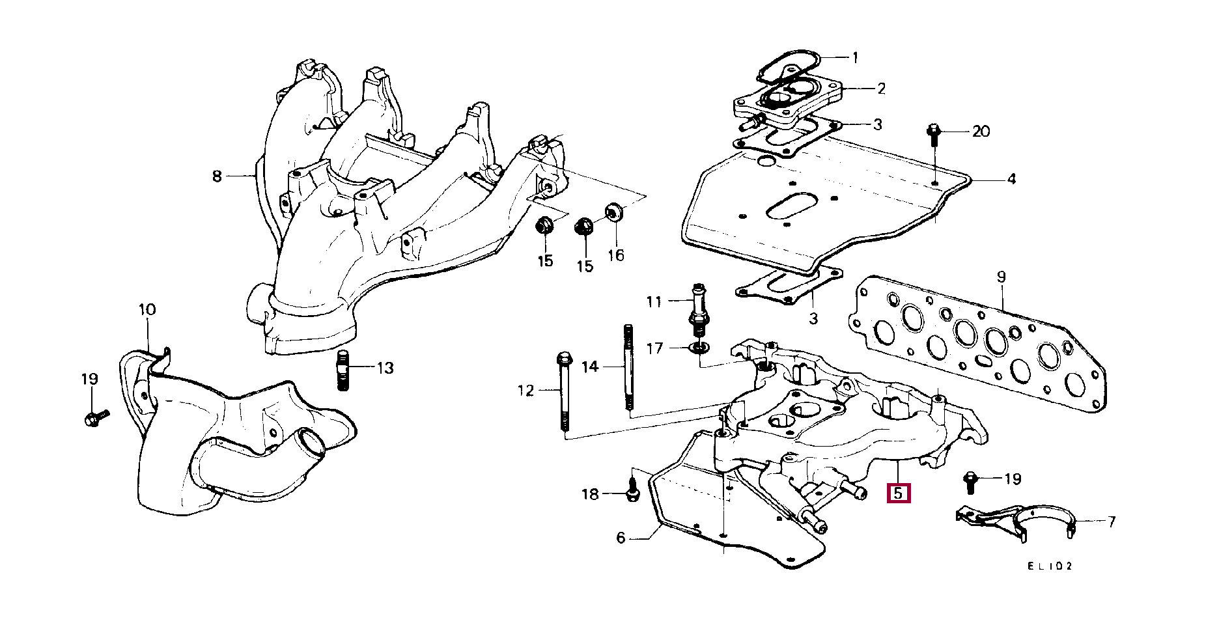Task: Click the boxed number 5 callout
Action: [x=898, y=493]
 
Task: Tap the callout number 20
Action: [x=981, y=132]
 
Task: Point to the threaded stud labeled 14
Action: [x=628, y=368]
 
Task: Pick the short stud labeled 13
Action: [x=344, y=370]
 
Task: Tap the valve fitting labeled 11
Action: [x=699, y=309]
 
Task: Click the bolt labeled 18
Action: [x=631, y=492]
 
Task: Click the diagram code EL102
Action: [x=1049, y=566]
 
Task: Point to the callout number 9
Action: [x=1002, y=277]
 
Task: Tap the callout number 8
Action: [x=217, y=176]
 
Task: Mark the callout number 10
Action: [x=147, y=309]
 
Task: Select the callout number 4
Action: [x=1011, y=178]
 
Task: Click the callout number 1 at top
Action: [x=855, y=58]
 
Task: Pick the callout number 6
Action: [x=621, y=538]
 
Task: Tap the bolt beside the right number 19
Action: [x=970, y=482]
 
